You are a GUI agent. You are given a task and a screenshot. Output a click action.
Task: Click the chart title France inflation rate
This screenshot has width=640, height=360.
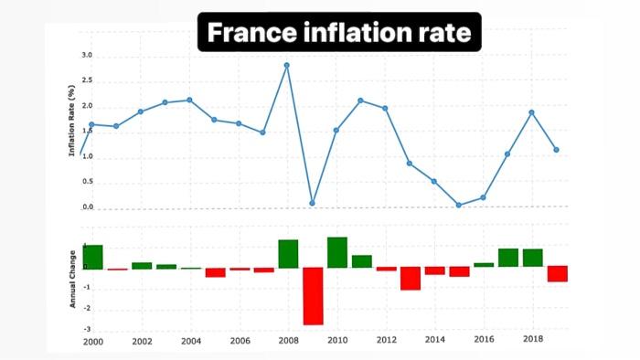339,33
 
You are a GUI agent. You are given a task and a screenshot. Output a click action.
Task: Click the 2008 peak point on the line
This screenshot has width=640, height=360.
287,65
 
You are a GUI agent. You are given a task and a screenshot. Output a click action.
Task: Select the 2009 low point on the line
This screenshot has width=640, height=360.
312,203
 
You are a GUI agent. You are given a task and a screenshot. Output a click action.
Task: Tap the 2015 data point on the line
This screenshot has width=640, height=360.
458,205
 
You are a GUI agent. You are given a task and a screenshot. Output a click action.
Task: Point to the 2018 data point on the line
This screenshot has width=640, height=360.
531,112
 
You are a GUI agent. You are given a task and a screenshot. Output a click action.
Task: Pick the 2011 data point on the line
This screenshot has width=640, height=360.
361,101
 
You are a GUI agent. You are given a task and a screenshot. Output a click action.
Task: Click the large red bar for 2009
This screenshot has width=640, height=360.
313,296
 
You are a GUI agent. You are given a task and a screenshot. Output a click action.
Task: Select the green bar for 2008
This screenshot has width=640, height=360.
288,254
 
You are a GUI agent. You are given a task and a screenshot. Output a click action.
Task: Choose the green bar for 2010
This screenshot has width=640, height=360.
336,252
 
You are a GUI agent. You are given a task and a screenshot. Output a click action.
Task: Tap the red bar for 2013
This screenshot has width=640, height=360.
410,279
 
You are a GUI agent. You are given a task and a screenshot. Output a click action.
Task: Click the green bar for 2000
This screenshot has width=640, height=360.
92,257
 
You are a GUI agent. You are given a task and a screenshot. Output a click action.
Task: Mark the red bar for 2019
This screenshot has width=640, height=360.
557,274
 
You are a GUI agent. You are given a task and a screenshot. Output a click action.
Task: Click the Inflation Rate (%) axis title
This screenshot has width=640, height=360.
72,121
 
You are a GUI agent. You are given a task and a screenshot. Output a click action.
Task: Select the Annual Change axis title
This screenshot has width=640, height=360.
72,277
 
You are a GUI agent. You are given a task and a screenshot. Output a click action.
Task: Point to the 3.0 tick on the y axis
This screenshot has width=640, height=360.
87,56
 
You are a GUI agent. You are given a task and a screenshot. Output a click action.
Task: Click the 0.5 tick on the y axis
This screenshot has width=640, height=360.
87,181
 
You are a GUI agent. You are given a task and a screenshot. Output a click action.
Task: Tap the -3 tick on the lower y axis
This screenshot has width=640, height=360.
87,329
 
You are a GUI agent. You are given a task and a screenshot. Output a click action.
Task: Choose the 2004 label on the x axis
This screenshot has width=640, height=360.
190,342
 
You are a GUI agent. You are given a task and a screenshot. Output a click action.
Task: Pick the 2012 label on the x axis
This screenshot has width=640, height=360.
386,342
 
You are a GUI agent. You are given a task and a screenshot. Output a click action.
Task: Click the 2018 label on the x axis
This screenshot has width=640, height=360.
532,340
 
